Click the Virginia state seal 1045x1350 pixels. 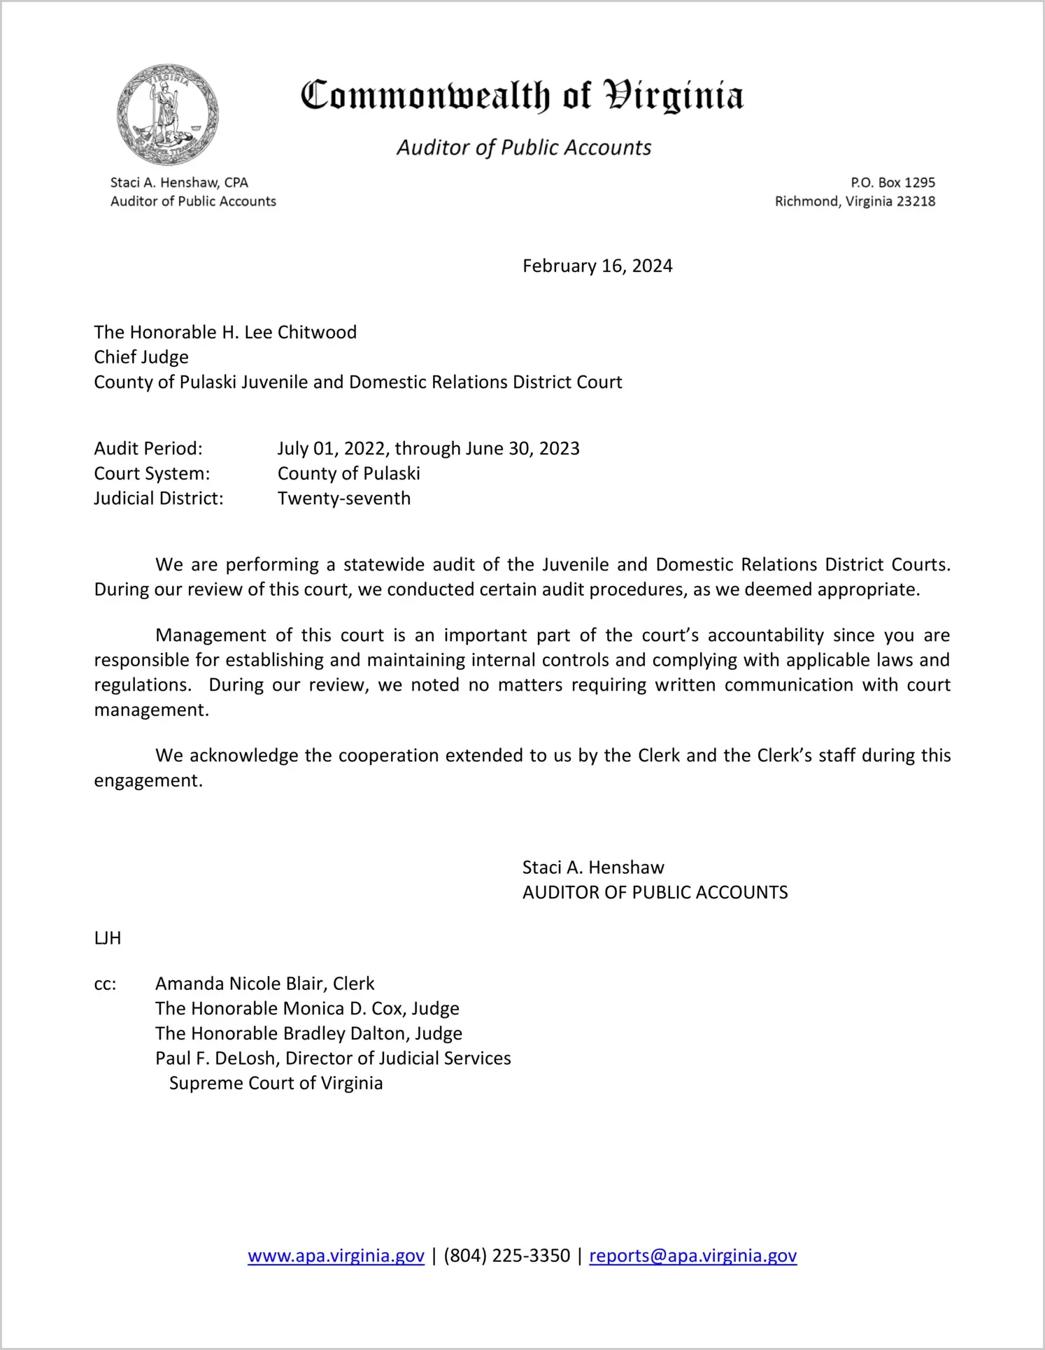[x=168, y=114]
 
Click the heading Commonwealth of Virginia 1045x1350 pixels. [x=522, y=96]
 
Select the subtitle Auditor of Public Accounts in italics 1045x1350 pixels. [x=524, y=148]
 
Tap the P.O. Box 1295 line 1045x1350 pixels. [x=893, y=182]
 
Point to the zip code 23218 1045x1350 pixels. [x=916, y=201]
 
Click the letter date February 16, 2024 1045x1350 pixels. [x=597, y=266]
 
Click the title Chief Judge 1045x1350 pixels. [x=141, y=357]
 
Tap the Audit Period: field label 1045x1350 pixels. [x=148, y=448]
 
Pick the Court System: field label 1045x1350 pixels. [x=152, y=473]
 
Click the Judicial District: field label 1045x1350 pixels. [x=159, y=498]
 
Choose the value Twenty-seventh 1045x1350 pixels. [x=344, y=498]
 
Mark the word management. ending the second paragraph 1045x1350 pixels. [x=152, y=710]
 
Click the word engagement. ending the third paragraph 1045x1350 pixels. [x=148, y=781]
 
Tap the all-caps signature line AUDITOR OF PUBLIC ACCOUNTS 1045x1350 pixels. [x=655, y=893]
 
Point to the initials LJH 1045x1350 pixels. [x=108, y=938]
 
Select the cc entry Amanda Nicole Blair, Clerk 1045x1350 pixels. [x=265, y=984]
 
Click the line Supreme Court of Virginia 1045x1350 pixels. [x=276, y=1084]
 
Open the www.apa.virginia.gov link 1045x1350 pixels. [x=336, y=1256]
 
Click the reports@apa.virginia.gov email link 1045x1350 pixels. [x=692, y=1256]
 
